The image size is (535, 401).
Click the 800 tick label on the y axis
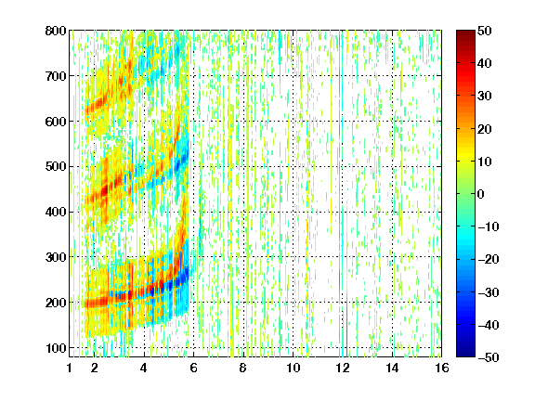pos(56,31)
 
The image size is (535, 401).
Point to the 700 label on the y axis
pos(56,76)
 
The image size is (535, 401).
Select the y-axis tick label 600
pos(56,122)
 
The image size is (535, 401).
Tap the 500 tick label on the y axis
pos(56,167)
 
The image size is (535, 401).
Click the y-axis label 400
pos(56,212)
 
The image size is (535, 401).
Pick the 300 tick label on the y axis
pos(56,257)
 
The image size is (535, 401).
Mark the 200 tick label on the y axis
pos(56,303)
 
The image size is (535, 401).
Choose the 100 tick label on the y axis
pos(56,348)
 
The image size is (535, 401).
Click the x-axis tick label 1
pos(70,368)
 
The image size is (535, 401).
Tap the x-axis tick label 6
pos(194,368)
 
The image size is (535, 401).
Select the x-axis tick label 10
pos(294,368)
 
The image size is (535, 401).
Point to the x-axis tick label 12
pos(343,368)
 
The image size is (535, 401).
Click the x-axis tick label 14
pos(392,368)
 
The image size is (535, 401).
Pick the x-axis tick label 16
pos(442,368)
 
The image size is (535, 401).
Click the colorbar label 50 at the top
pos(485,31)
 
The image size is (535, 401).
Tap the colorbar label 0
pos(481,194)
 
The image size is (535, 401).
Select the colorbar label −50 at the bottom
pos(488,357)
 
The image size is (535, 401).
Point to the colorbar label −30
pos(488,292)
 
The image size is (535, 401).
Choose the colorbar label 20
pos(485,129)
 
